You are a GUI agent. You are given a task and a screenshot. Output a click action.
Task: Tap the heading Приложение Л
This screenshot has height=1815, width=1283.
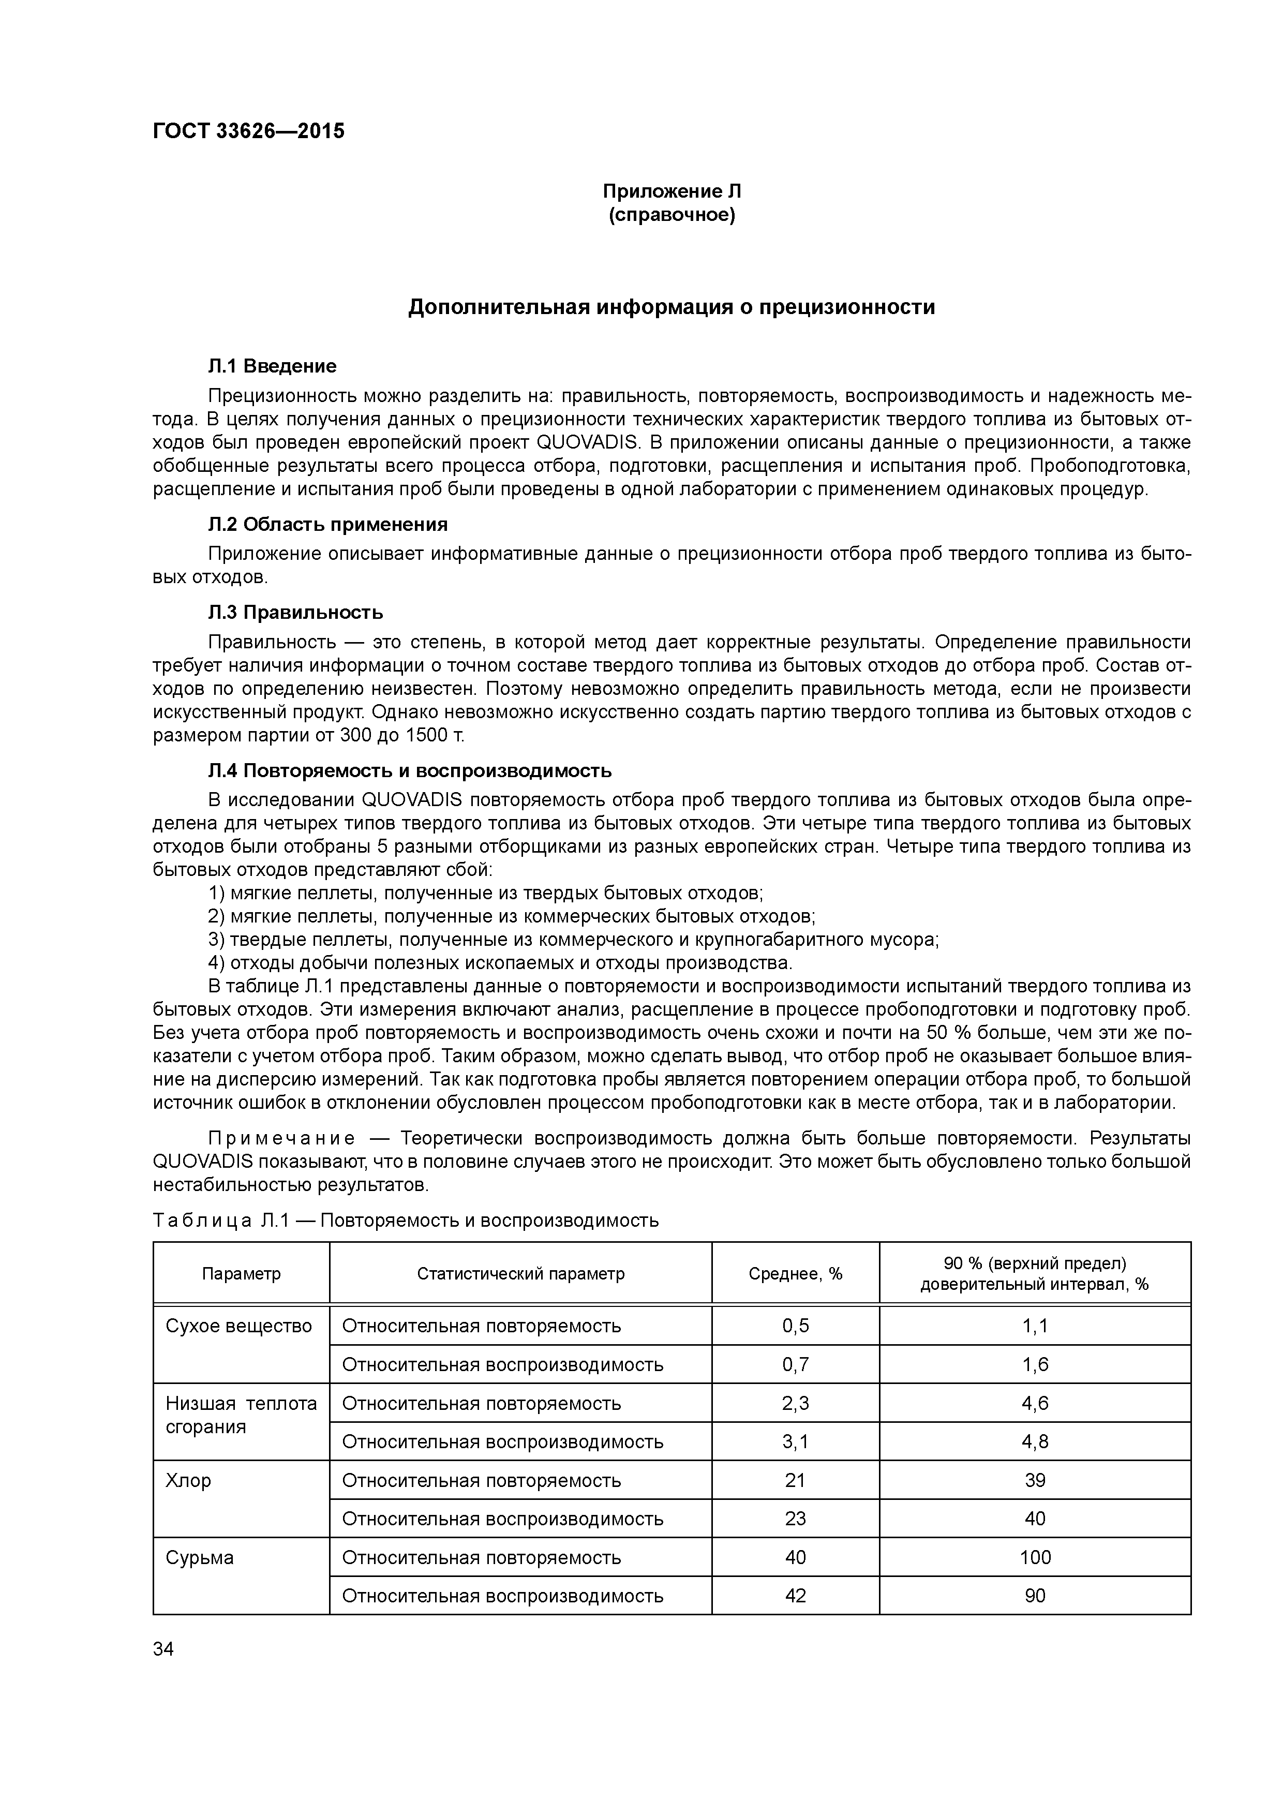(672, 191)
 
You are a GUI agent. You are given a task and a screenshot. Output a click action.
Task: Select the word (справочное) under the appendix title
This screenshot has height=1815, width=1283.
(672, 215)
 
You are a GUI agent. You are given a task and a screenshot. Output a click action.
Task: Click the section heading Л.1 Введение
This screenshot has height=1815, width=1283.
(272, 366)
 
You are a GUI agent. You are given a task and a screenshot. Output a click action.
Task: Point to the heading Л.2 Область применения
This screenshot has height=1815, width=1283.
(327, 525)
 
